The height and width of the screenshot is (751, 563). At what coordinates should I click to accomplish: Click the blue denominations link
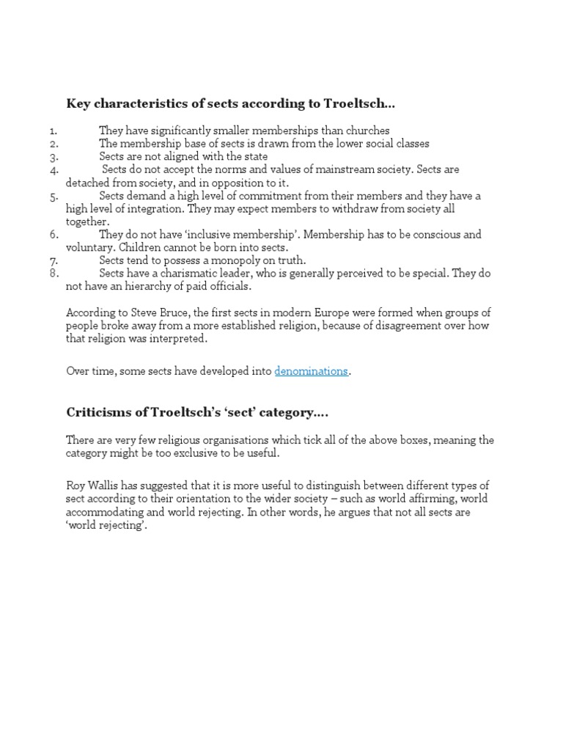(311, 371)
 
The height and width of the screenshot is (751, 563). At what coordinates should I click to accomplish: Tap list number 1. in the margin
(54, 131)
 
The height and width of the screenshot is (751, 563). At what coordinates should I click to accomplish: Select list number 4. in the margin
(54, 170)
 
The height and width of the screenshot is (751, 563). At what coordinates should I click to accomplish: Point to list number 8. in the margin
(54, 274)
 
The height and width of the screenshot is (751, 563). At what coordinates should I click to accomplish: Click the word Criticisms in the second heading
(96, 413)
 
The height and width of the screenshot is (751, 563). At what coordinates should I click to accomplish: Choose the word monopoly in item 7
(239, 260)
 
